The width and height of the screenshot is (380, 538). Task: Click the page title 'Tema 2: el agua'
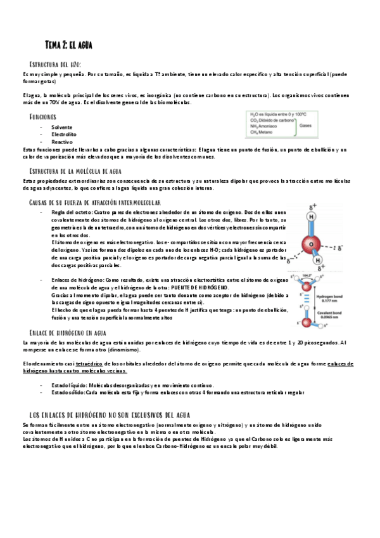[70, 44]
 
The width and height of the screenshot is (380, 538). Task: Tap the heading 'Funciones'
[42, 117]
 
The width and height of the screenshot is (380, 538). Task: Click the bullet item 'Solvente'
[62, 127]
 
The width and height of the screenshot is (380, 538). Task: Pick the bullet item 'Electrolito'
[64, 134]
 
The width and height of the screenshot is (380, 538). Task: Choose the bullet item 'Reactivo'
[62, 141]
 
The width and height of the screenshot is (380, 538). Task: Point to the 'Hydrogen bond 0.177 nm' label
[332, 298]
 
